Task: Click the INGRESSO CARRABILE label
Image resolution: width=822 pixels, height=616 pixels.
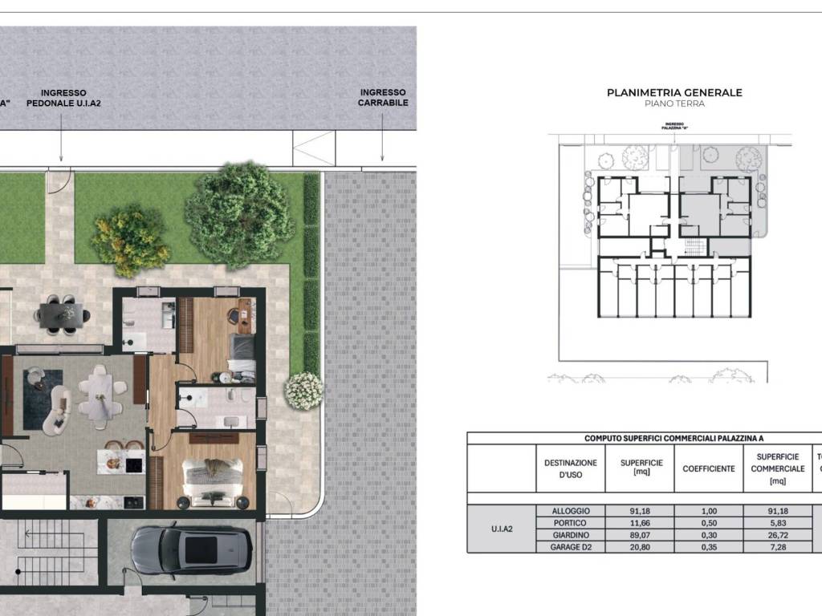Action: (383, 98)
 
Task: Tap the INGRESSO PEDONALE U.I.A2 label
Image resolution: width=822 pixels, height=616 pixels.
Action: (63, 98)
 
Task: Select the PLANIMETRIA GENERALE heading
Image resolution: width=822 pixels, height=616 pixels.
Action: (674, 92)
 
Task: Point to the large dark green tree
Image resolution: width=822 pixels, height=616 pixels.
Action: (239, 214)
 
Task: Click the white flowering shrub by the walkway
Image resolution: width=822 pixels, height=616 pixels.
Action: (303, 391)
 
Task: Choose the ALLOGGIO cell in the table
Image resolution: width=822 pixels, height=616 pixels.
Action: (571, 511)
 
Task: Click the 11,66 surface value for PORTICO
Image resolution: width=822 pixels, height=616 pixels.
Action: (641, 523)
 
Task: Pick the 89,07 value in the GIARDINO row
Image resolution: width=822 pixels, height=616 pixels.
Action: (641, 535)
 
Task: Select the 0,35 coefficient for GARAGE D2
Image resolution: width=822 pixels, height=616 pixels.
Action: (708, 546)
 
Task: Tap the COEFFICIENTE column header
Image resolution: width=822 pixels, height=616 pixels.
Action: (708, 468)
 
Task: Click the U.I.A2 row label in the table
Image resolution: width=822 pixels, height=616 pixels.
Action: (501, 529)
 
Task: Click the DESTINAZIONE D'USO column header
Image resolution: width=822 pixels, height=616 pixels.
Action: (571, 468)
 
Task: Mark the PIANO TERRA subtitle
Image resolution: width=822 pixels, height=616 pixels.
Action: (674, 104)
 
